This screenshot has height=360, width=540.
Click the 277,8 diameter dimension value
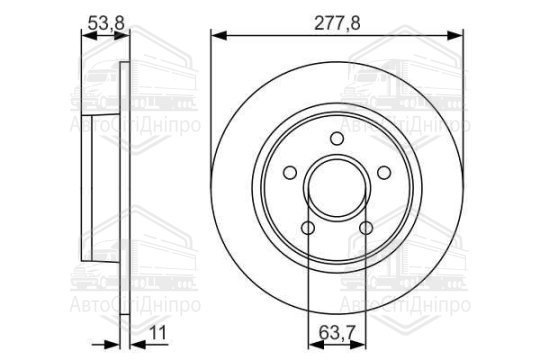coord(337,23)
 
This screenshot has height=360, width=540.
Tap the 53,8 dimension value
coord(106,23)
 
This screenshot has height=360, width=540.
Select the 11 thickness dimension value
coord(158,333)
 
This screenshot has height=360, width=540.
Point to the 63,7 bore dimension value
coord(337,333)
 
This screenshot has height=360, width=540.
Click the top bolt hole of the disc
coord(337,139)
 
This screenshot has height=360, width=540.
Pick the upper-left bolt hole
coord(290,173)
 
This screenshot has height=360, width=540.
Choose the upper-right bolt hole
coord(384,173)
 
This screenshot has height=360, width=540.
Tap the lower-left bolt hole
coord(308,228)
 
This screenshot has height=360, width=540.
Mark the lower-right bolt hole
coord(366,228)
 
